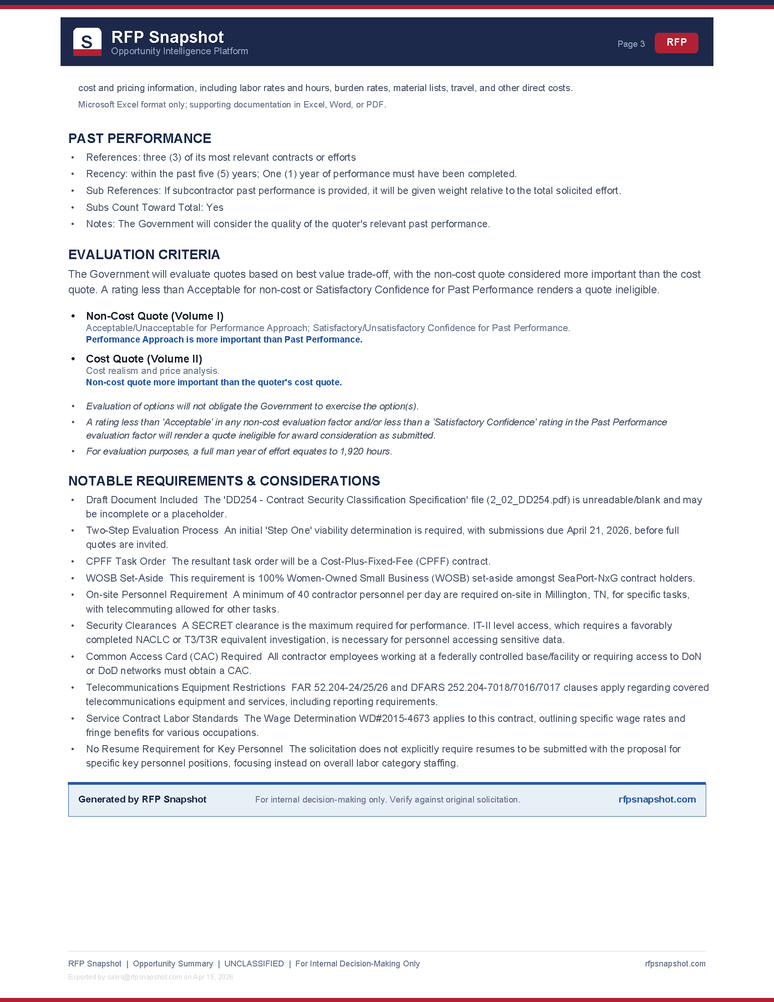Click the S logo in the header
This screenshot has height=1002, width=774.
click(x=87, y=42)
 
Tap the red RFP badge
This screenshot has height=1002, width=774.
click(x=676, y=43)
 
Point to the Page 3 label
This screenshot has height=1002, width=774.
click(x=631, y=44)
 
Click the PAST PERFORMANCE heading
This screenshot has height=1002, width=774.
click(x=139, y=138)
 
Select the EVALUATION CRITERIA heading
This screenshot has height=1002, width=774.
click(x=144, y=255)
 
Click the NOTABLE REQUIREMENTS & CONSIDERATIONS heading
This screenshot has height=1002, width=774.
click(x=224, y=481)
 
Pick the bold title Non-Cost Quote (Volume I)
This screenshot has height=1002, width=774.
click(x=154, y=316)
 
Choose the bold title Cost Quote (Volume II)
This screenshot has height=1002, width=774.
click(x=144, y=359)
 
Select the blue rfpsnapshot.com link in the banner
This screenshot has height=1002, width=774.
click(x=657, y=799)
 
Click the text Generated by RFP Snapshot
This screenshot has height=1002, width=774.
click(x=142, y=799)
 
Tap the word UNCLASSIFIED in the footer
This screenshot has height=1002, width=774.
click(x=254, y=964)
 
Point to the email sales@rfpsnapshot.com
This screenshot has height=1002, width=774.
click(x=144, y=977)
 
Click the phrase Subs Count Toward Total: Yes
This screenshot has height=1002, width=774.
click(x=154, y=207)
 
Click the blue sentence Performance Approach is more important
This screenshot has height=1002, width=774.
click(x=224, y=339)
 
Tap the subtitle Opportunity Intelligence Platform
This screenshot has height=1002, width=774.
click(x=179, y=51)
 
